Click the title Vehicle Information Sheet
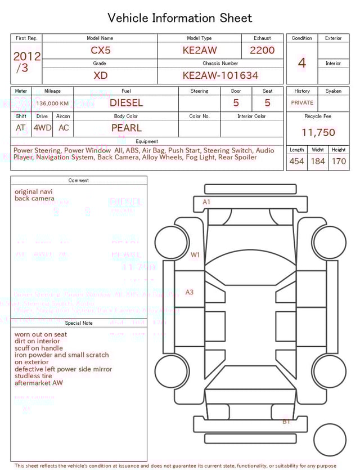[180, 18]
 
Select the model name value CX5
[101, 50]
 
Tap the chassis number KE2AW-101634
[220, 75]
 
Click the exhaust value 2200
[262, 50]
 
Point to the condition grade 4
[302, 63]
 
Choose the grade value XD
[101, 75]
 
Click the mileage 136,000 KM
[52, 104]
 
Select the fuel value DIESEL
[126, 103]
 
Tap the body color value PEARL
[127, 128]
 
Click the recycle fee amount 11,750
[318, 133]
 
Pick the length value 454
[296, 162]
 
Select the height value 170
[339, 162]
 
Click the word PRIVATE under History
[302, 103]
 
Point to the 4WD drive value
[42, 128]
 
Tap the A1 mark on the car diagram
[206, 202]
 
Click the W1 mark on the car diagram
[195, 255]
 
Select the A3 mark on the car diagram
[190, 292]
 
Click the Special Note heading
[79, 323]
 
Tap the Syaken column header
[333, 91]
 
